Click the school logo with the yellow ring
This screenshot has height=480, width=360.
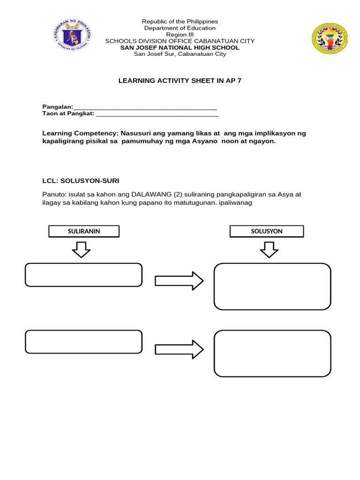(x=330, y=39)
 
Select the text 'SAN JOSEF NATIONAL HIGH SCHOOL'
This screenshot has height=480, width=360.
(x=180, y=47)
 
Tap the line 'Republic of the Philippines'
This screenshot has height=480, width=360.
(x=180, y=22)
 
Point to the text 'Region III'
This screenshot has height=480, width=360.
(x=180, y=34)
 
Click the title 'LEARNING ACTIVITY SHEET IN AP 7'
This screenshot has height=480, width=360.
(x=180, y=81)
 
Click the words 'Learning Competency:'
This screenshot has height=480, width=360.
(x=75, y=134)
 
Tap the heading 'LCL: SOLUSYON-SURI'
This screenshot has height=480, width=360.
(x=84, y=180)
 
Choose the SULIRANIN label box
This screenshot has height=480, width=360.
(x=84, y=231)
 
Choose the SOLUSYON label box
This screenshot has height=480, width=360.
(x=267, y=231)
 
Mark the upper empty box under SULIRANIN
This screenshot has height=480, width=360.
(x=83, y=275)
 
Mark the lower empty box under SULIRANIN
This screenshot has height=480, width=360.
(x=83, y=342)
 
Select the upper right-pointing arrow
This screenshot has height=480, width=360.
(x=179, y=281)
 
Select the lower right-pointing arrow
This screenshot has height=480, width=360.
(x=179, y=349)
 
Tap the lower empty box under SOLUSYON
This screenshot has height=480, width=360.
(x=272, y=353)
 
